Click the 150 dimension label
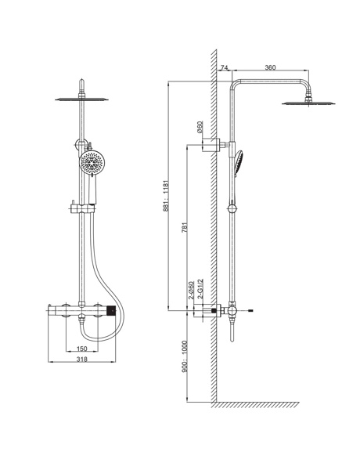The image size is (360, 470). click(81, 349)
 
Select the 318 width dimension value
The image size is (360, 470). click(81, 359)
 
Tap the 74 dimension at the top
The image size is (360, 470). click(224, 67)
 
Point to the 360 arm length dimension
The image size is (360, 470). click(270, 67)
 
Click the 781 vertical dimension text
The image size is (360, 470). click(185, 227)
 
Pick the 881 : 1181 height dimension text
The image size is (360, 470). click(167, 196)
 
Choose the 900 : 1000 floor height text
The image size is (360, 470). click(185, 356)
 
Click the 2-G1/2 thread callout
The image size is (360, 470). click(200, 288)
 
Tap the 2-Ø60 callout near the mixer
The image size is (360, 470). click(191, 290)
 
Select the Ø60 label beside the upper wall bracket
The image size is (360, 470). click(200, 127)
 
